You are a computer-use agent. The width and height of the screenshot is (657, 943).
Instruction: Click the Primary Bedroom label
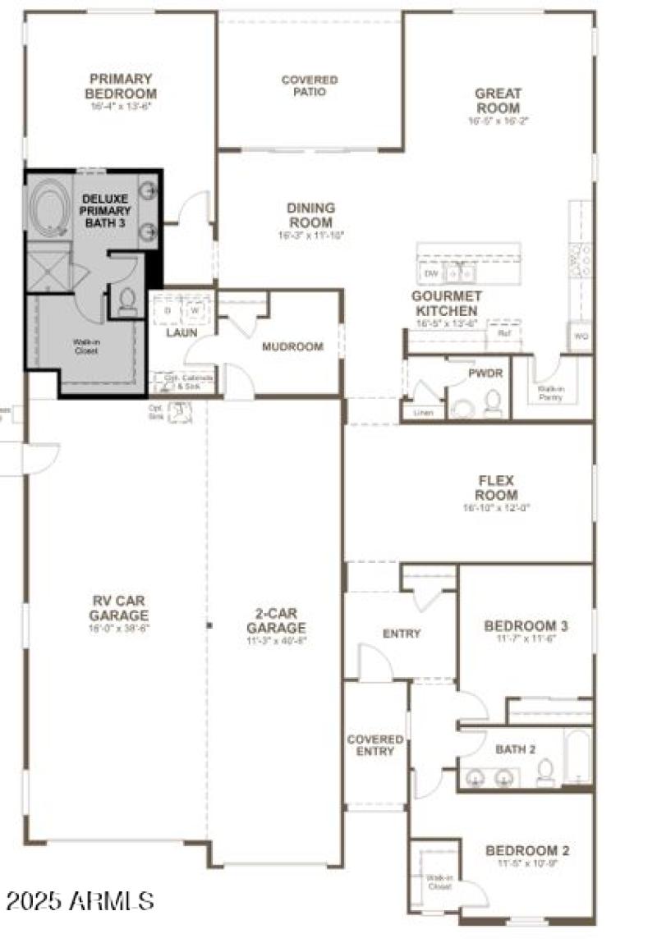(x=122, y=86)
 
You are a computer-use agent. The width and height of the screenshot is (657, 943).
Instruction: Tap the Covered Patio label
(x=310, y=86)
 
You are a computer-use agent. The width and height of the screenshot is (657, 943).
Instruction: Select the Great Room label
(x=498, y=101)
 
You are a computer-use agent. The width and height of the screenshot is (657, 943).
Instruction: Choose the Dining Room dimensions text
(x=310, y=236)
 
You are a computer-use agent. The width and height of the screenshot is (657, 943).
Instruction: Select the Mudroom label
(x=292, y=346)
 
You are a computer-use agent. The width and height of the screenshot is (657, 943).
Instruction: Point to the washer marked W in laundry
(x=195, y=311)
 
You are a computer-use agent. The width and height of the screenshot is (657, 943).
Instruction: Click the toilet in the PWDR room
(x=493, y=402)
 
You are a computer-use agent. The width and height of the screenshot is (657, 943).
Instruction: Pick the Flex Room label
(x=496, y=488)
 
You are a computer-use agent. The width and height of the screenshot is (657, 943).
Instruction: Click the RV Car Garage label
(x=120, y=609)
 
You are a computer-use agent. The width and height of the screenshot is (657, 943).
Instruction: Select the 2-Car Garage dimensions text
(x=277, y=642)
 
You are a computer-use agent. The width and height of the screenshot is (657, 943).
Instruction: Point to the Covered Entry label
(x=375, y=745)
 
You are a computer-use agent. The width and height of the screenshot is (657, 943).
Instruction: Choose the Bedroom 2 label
(x=527, y=850)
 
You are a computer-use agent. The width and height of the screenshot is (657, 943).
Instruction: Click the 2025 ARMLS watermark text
(x=80, y=901)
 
